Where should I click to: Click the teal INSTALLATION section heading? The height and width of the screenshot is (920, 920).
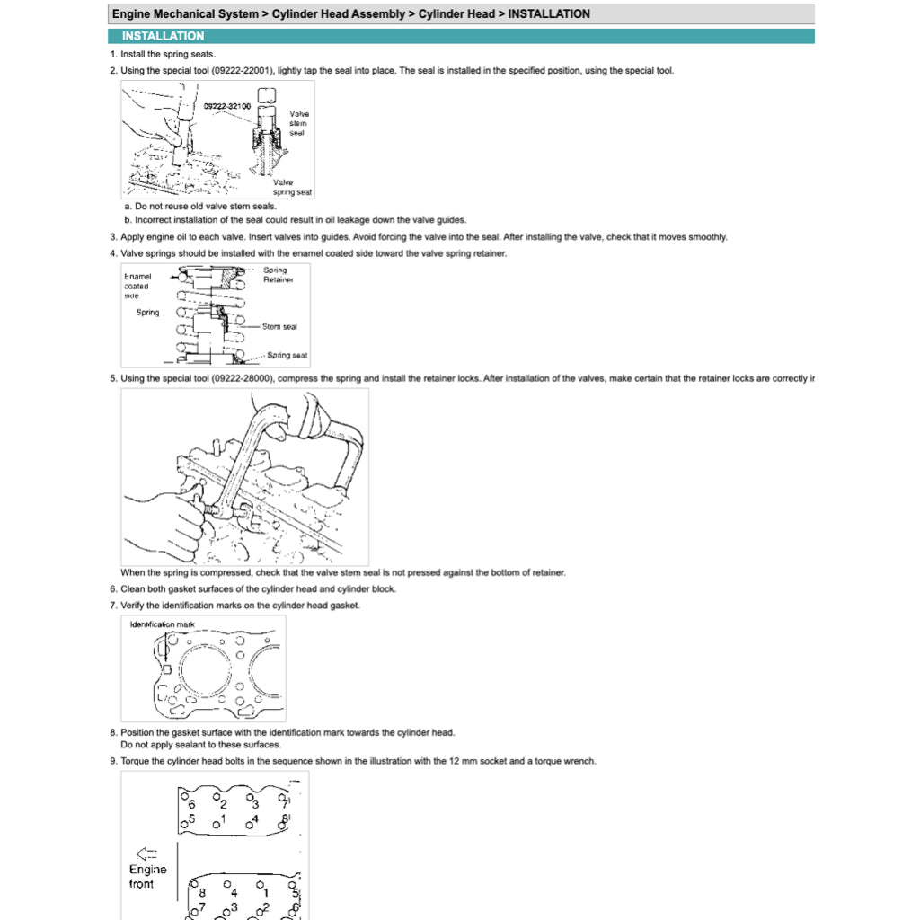click(163, 36)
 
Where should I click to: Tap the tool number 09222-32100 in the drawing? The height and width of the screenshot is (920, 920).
click(227, 106)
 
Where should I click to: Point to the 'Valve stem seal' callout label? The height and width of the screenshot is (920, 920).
click(298, 123)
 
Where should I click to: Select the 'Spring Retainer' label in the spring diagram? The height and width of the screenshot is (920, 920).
click(278, 274)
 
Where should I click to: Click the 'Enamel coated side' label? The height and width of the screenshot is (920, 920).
click(137, 286)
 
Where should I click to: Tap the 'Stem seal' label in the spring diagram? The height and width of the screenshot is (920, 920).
click(279, 327)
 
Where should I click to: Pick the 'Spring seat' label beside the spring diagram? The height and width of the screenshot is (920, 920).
click(287, 355)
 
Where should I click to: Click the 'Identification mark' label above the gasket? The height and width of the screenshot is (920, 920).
click(162, 624)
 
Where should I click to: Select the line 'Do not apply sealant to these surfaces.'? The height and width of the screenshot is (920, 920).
click(200, 745)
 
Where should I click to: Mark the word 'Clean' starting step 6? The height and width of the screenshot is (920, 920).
click(134, 589)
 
